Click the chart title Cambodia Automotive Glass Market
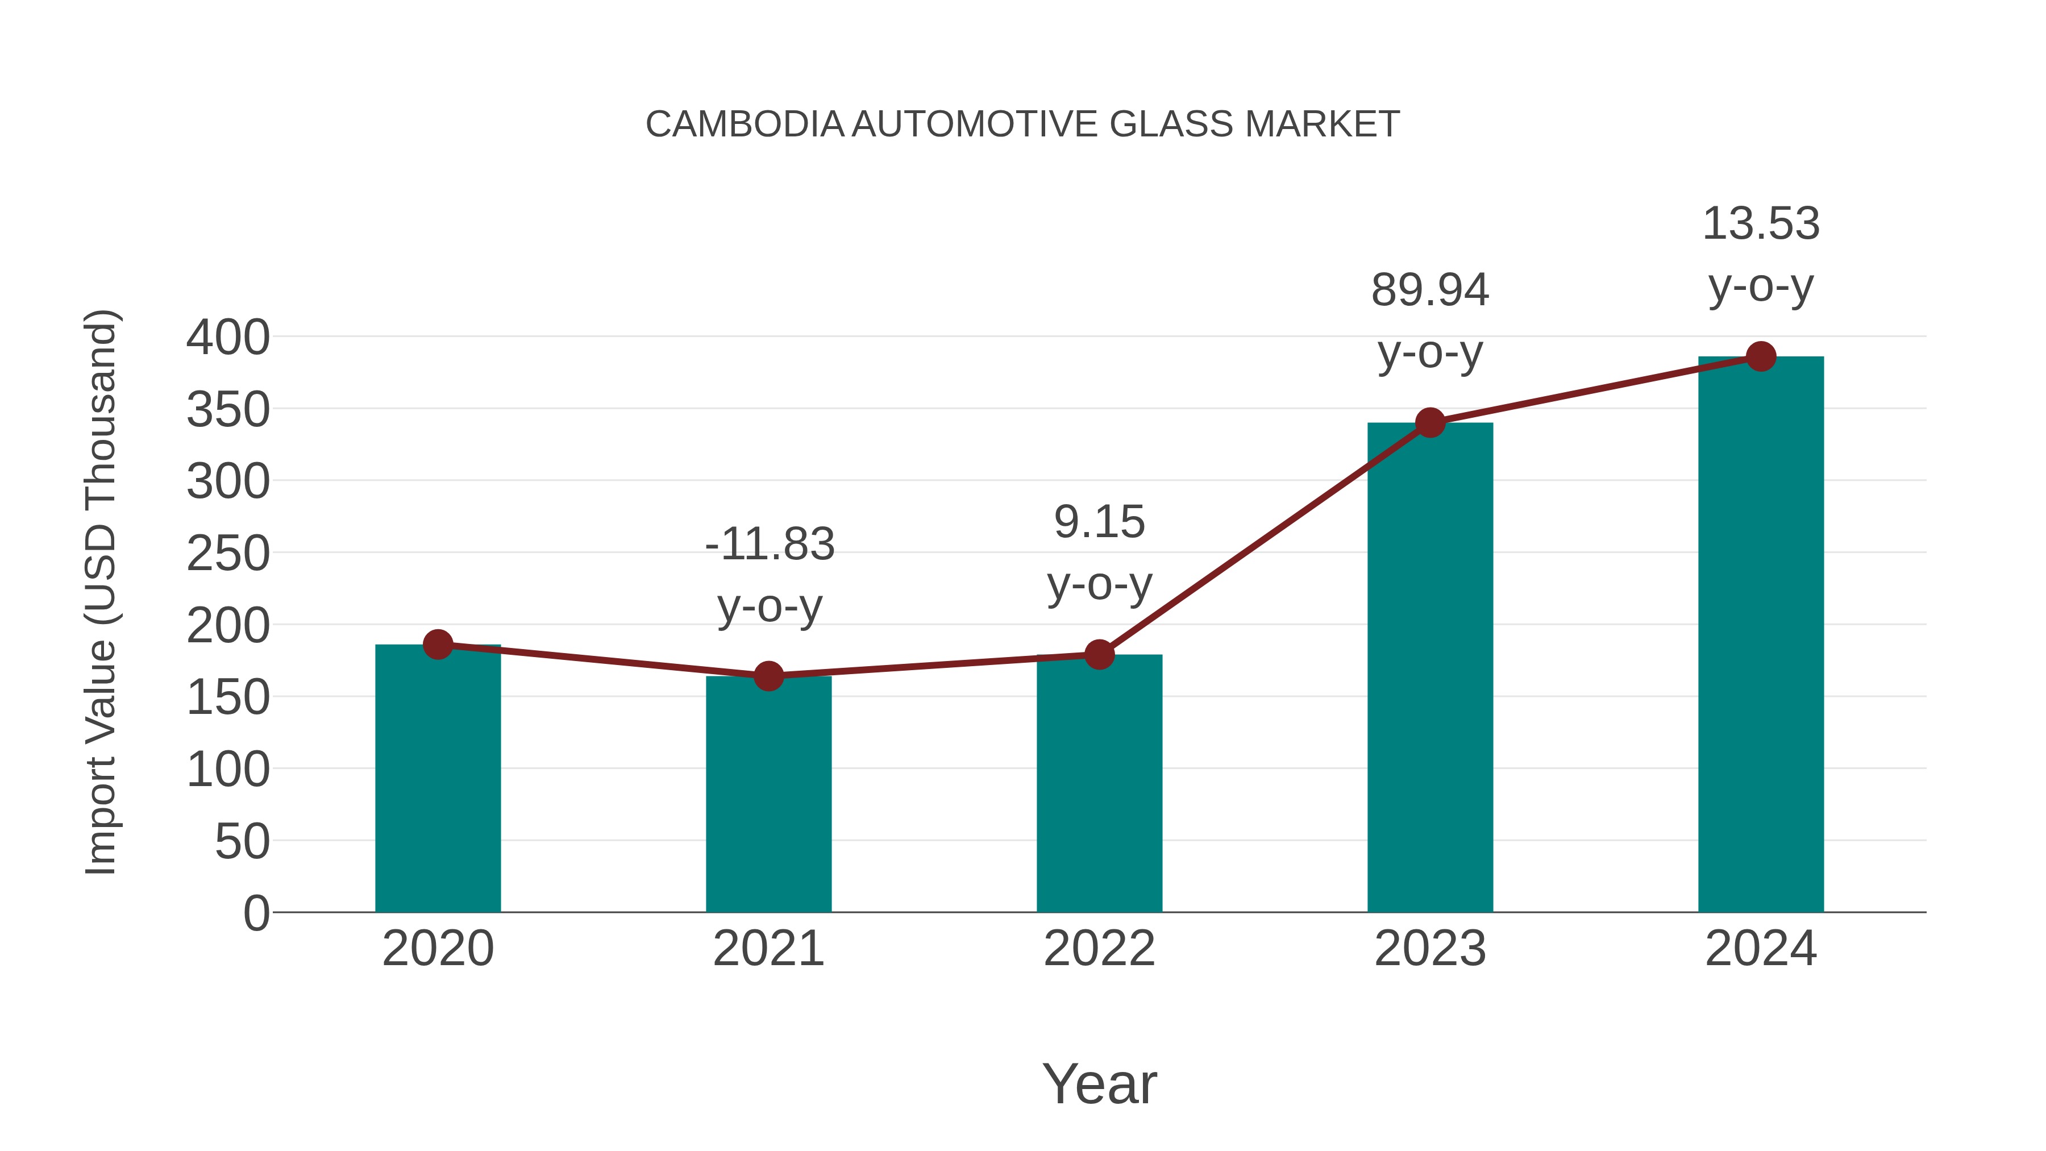(1022, 124)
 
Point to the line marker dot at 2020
(438, 644)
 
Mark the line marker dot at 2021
(768, 676)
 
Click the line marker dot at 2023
(1430, 422)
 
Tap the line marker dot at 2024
(1761, 356)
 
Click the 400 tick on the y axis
(228, 338)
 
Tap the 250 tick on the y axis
(228, 554)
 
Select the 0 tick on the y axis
(256, 913)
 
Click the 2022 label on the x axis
(1099, 949)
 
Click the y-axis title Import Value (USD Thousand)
(102, 592)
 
